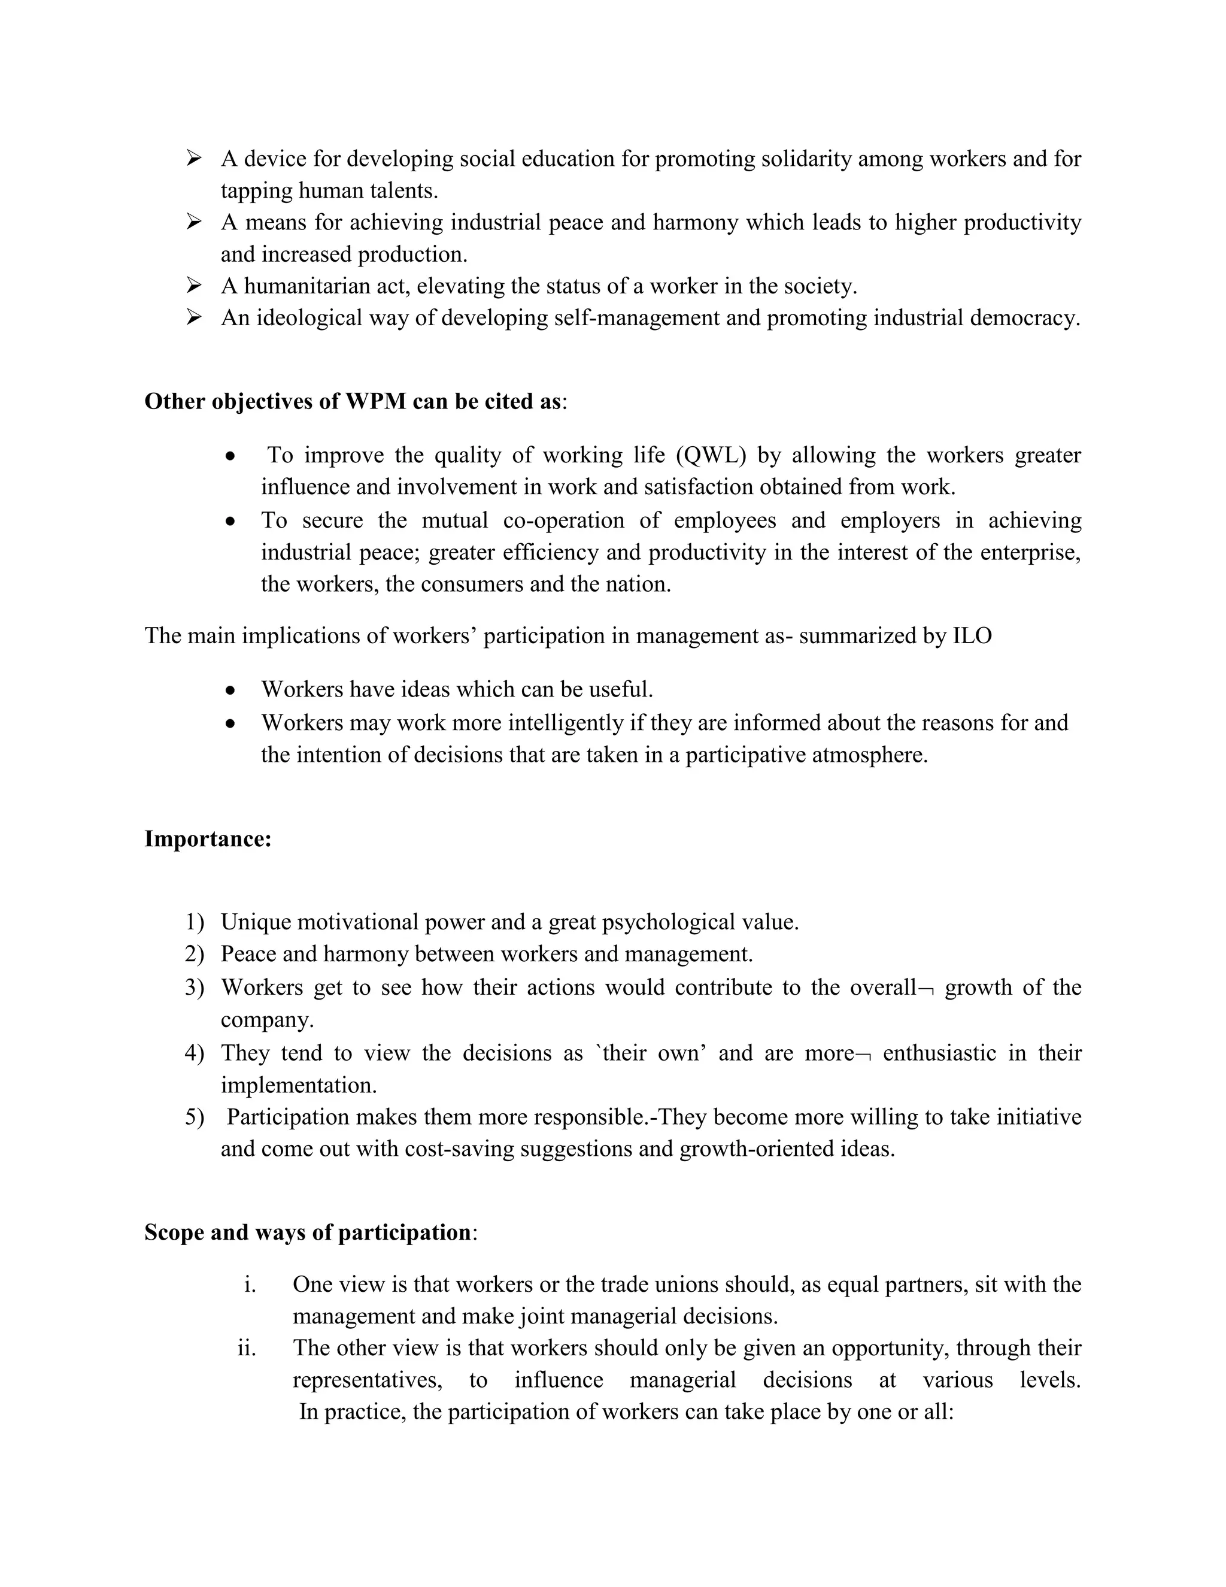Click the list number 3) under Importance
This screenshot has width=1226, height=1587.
tap(195, 988)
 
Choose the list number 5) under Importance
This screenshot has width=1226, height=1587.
tap(195, 1117)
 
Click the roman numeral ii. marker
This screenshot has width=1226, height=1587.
tap(247, 1348)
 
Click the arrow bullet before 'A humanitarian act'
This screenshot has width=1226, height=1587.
tap(194, 286)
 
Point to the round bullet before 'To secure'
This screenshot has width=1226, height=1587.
tap(230, 521)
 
